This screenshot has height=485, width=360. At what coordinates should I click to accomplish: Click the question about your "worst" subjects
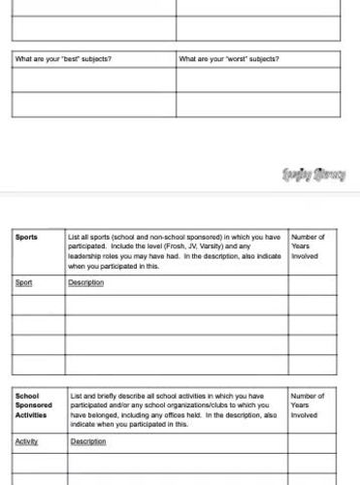coord(229,59)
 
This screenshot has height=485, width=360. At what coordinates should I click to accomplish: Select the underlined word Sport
coord(24,283)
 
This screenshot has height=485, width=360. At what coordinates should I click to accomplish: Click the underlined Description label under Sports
coord(86,283)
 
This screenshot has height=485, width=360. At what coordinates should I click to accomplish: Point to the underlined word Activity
coord(27,441)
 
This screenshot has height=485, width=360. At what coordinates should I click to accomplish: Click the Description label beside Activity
coord(88,441)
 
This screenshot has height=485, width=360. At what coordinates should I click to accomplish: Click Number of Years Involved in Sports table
coord(309,246)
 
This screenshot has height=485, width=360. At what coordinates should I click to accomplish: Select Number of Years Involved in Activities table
coord(309,404)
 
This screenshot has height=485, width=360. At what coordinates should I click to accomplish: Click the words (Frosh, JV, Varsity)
coord(200,246)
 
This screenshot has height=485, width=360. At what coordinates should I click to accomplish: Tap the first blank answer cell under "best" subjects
coord(93,80)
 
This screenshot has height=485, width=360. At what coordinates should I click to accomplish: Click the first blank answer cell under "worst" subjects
coord(258,80)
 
